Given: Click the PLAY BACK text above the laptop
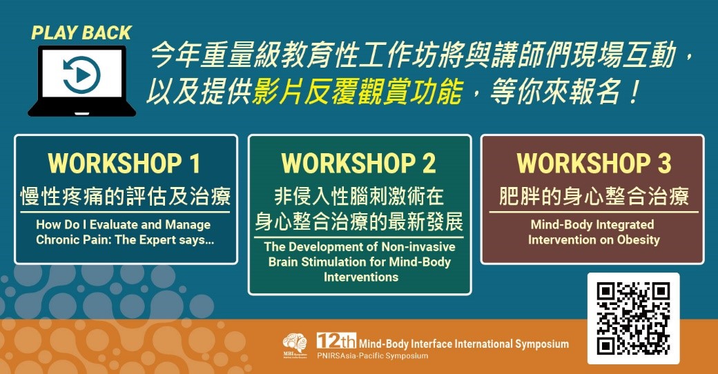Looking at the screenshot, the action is click(x=81, y=33).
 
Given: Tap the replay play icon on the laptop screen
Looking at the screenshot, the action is click(x=81, y=75).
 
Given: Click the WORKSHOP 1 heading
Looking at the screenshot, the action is click(x=124, y=164).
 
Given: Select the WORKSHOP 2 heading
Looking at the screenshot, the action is click(x=358, y=164).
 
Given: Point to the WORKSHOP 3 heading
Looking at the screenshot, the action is click(x=594, y=164).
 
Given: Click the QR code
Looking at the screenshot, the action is click(x=633, y=319).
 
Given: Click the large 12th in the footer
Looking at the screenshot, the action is click(x=336, y=341).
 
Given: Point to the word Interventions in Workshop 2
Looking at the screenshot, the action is click(x=361, y=277).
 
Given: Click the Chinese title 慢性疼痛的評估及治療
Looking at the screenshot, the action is click(x=125, y=197).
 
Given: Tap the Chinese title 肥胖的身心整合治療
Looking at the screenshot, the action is click(x=594, y=197).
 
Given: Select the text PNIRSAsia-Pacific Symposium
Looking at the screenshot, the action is click(x=373, y=355).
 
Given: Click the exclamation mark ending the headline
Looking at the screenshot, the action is click(x=634, y=91).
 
